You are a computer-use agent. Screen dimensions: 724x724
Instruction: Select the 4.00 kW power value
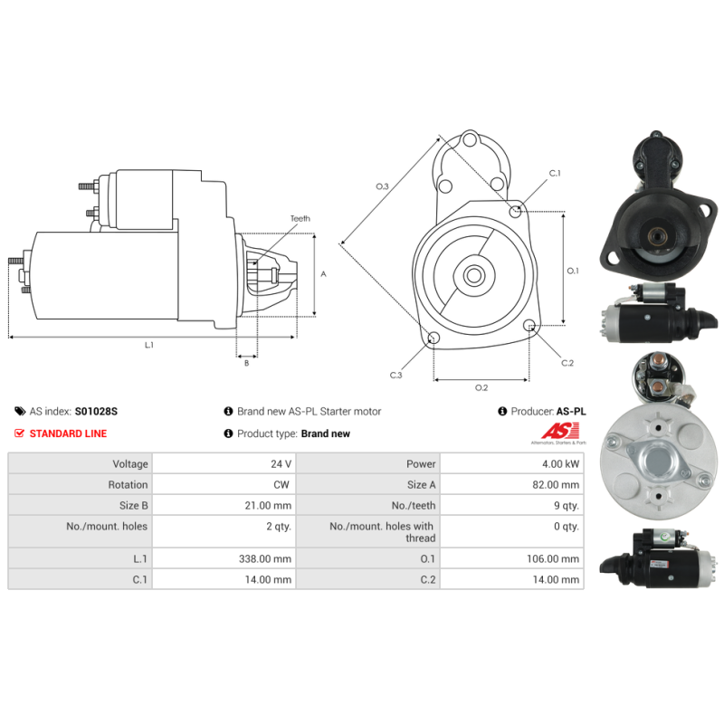pos(560,463)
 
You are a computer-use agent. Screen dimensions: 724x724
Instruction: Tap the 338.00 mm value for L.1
pos(265,558)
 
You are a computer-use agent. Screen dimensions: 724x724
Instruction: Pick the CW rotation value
pos(281,485)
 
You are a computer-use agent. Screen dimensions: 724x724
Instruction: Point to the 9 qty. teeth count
pos(567,506)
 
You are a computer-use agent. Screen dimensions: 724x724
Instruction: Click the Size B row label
pos(133,506)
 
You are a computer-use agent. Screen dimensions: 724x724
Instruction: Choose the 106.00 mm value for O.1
pos(553,558)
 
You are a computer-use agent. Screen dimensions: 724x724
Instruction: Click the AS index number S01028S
pos(96,411)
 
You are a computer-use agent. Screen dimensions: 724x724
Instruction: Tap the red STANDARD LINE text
pos(68,433)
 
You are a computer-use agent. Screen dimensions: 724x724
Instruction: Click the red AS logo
pos(560,432)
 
